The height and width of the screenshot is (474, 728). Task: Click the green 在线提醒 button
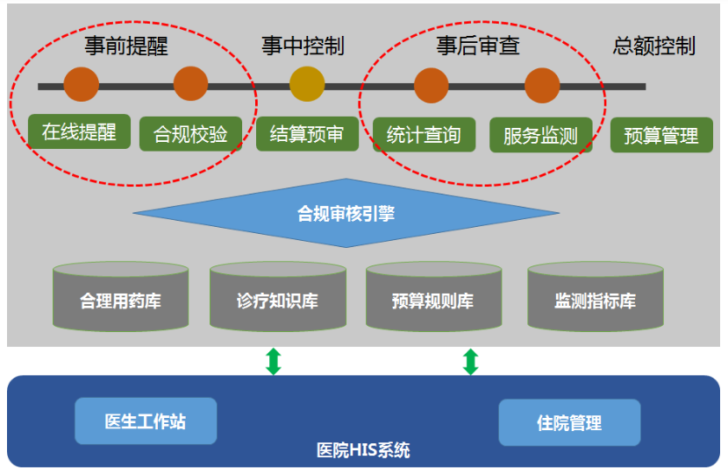[80, 131]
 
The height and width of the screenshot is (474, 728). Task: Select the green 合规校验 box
[190, 134]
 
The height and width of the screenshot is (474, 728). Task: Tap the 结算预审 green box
[307, 134]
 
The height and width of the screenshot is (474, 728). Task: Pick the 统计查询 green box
[424, 135]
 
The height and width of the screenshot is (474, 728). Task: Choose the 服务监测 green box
[541, 136]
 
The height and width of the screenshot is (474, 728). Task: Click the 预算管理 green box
[661, 136]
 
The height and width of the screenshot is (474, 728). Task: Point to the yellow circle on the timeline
[307, 84]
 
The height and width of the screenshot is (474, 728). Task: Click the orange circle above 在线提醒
[82, 84]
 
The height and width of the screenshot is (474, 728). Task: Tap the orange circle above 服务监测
[542, 86]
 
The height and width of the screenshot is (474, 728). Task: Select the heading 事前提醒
[125, 46]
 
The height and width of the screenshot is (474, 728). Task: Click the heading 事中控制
[303, 46]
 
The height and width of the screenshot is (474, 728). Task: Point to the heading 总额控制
[653, 46]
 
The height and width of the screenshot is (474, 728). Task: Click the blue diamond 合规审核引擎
[346, 214]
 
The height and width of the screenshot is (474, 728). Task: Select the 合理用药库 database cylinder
[121, 297]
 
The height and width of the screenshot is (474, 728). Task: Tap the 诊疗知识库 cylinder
[278, 297]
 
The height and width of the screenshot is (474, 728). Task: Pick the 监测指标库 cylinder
[596, 297]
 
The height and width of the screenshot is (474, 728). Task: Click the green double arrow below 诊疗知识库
[274, 361]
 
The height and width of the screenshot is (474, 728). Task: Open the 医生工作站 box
[146, 421]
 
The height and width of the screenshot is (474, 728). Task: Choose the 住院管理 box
[569, 422]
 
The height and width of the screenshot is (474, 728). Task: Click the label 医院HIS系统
[363, 450]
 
